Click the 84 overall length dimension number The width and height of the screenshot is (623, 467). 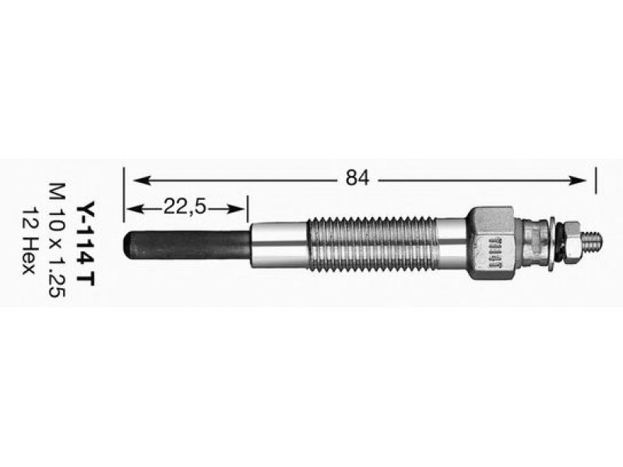357,178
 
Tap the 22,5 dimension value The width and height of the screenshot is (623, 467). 185,207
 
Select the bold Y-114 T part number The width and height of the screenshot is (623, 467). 86,244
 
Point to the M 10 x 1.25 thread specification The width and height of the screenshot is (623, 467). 56,241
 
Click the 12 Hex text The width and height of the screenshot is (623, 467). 28,241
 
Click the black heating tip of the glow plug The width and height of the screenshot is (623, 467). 187,244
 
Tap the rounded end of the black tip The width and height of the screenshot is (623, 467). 127,244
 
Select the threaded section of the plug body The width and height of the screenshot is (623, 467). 372,244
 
